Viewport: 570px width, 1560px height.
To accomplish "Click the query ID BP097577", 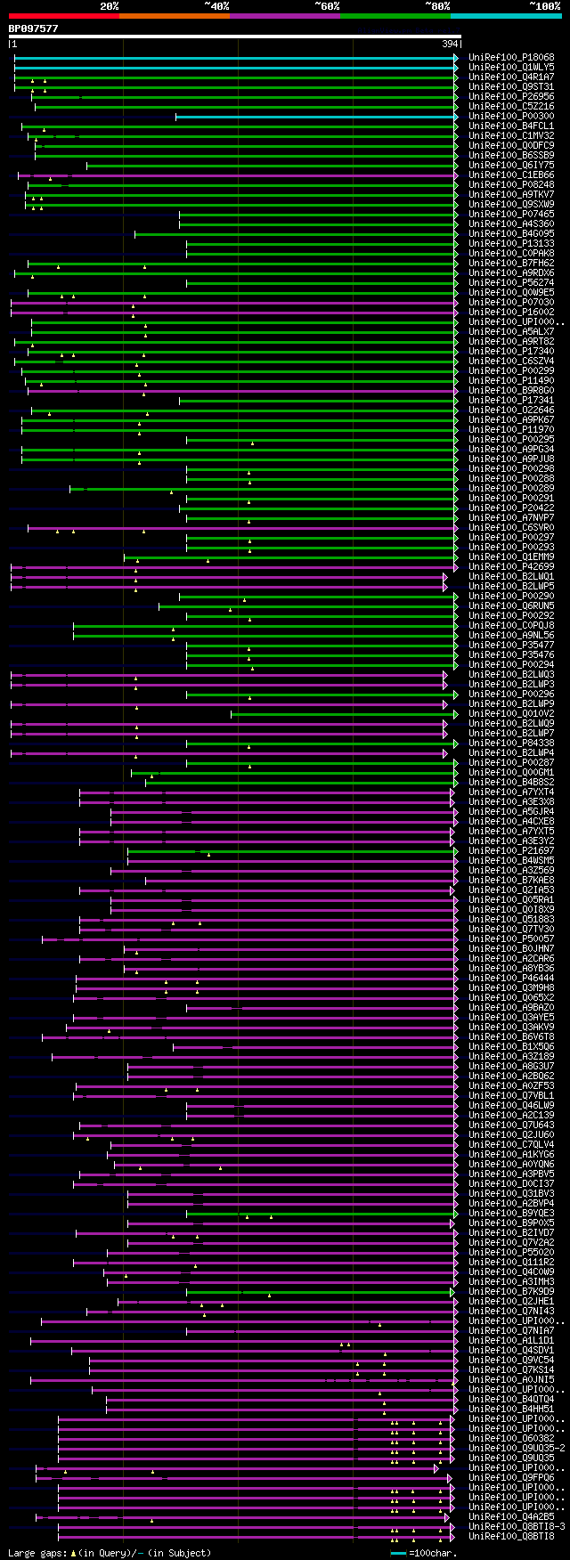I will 34,28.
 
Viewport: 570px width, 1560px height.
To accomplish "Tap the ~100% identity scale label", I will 544,5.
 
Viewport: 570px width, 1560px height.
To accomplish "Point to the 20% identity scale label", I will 110,5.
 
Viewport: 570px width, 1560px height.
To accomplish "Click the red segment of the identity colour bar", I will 63,15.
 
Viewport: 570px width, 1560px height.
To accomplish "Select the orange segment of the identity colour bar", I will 174,15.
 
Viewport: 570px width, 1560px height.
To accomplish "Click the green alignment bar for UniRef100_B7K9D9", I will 321,1292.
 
